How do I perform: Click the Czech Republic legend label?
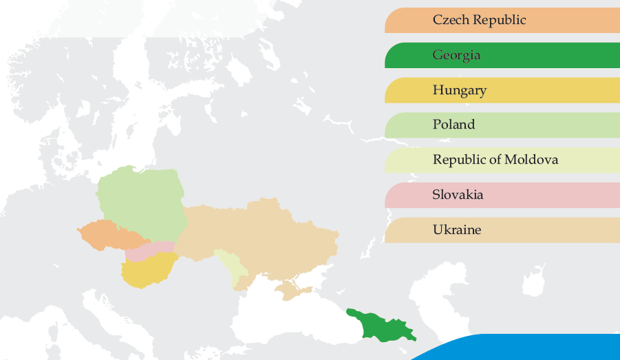(x=479, y=20)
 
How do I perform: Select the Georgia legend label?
(x=456, y=55)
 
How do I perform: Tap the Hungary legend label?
(x=459, y=90)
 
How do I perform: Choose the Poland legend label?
(x=453, y=125)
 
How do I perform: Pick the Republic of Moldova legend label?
(x=495, y=160)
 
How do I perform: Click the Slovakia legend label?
(x=458, y=195)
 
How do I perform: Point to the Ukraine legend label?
(x=456, y=230)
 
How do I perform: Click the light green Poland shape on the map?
(x=141, y=200)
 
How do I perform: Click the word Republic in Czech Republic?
(x=498, y=20)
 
